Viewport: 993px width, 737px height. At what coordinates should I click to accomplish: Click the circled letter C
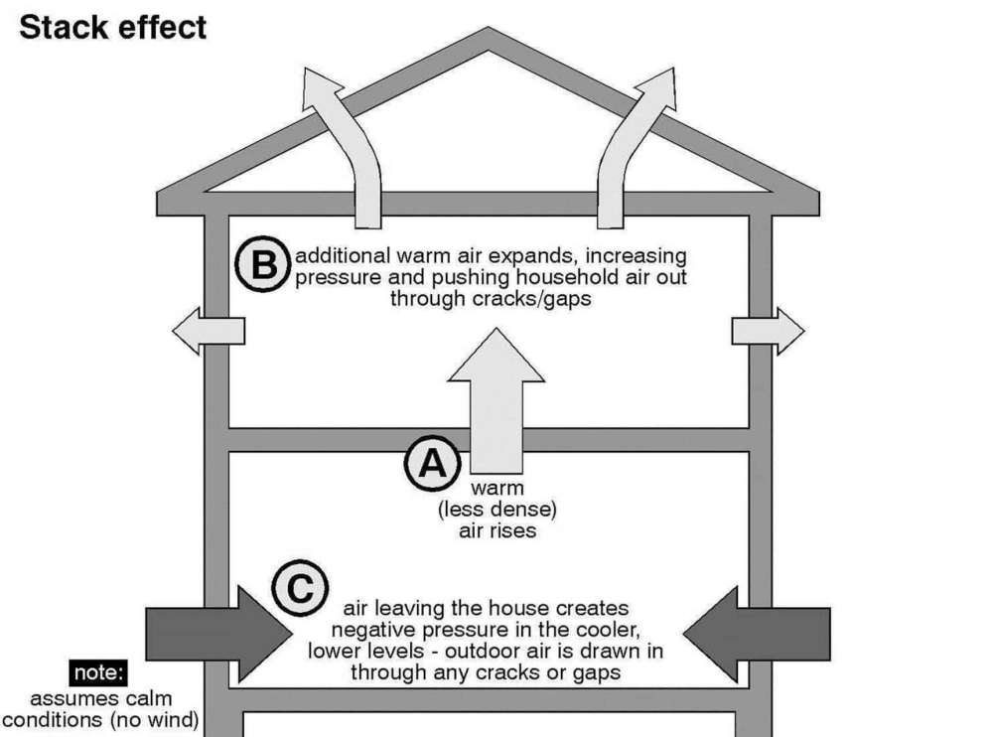[x=296, y=589]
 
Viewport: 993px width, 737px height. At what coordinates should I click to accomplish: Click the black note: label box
[x=98, y=673]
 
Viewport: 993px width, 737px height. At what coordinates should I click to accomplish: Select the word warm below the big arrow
[x=497, y=489]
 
